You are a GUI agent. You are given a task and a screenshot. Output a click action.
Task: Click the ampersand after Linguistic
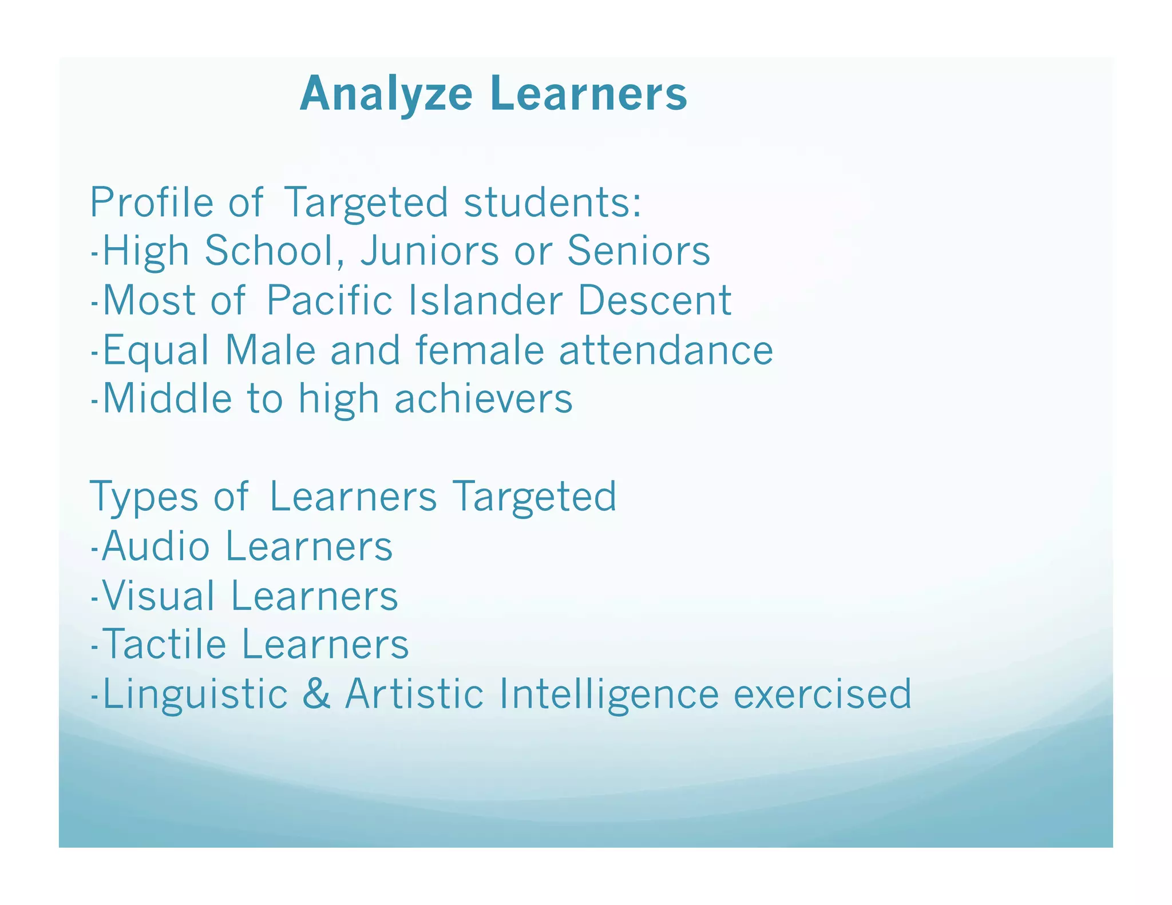click(316, 693)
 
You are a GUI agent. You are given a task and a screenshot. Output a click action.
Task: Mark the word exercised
click(822, 693)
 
